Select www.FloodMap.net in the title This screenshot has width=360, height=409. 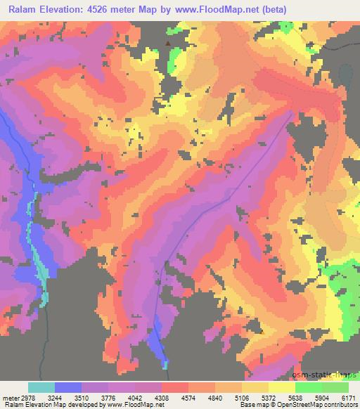pyautogui.click(x=242, y=8)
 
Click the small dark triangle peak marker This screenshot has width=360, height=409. pyautogui.click(x=167, y=44)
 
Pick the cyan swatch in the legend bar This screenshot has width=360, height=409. pyautogui.click(x=41, y=387)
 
